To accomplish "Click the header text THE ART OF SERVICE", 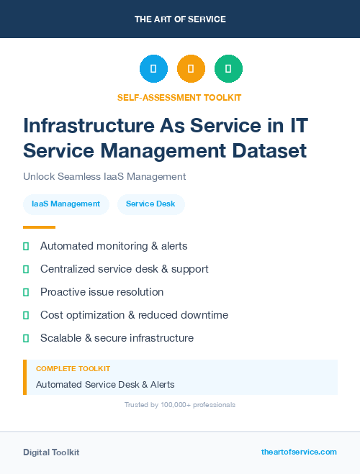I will coord(180,19).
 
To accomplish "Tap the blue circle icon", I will coord(153,69).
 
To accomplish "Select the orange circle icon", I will coord(191,69).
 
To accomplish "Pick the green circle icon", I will coord(228,69).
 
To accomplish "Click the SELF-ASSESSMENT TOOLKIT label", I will coord(179,97).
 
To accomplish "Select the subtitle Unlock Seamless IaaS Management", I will coord(104,176).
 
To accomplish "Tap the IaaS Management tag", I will coord(66,204).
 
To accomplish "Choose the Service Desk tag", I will coord(150,204).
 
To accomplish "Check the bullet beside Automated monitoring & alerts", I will coord(26,246).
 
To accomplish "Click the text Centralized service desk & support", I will coord(124,269).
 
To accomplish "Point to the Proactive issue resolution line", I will coord(102,292).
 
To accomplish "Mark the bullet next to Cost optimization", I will coord(26,315).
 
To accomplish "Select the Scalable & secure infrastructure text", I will coord(117,338).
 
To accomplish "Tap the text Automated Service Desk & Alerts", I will coord(105,384).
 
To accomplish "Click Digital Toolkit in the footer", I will coord(51,452).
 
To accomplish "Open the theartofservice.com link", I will coord(299,452).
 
